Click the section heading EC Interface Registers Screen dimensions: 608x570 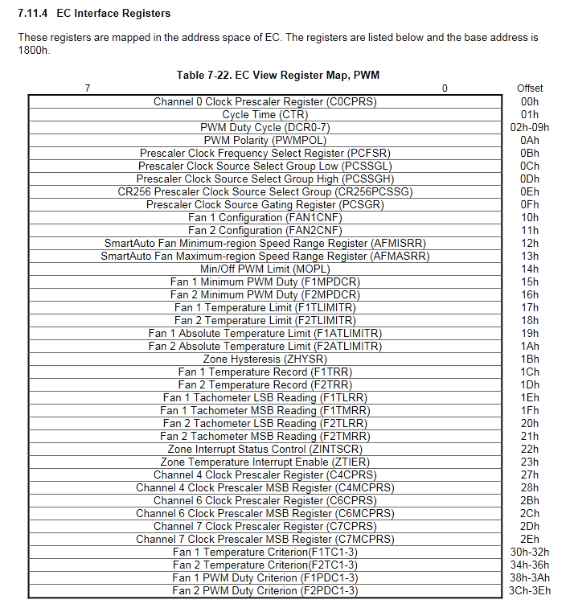coord(113,14)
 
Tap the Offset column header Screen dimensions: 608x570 coord(529,88)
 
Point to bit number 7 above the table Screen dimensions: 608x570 coord(88,88)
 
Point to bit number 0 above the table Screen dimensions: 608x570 coord(445,88)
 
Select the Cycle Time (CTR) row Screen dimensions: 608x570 coord(265,115)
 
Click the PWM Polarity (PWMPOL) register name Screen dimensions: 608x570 coord(265,141)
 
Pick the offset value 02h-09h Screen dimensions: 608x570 coord(529,128)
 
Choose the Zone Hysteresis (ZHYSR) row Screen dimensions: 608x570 coord(265,359)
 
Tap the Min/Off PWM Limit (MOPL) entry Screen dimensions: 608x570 coord(265,269)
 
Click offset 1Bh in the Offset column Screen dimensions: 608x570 coord(529,359)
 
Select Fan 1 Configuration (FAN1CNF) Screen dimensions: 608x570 coord(265,218)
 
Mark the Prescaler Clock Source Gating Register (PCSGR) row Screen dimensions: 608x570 coord(265,205)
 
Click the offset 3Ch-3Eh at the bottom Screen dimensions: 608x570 coord(529,591)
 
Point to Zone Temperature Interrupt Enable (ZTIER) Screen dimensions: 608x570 coord(265,462)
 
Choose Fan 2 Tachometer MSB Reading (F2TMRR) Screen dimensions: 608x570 coord(265,437)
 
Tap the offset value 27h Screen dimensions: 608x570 coord(529,475)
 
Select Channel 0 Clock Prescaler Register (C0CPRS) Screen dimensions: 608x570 coord(265,102)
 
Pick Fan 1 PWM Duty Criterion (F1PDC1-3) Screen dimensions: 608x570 coord(265,578)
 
